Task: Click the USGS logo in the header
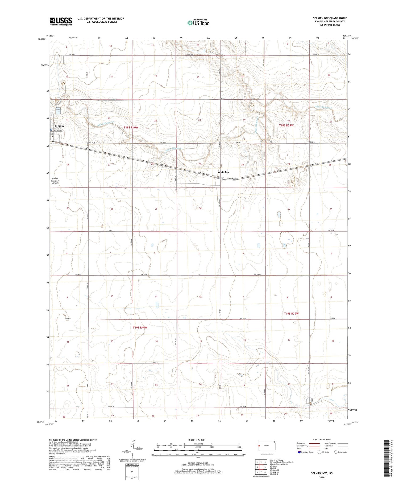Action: [61, 21]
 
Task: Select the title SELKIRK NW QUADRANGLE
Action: [330, 18]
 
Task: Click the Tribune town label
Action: [59, 126]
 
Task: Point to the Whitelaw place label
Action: [223, 172]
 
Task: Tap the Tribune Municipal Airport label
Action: [55, 181]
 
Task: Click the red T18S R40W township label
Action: [131, 128]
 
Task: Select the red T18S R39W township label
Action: [286, 125]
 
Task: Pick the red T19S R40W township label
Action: [140, 327]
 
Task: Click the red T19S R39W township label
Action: [291, 314]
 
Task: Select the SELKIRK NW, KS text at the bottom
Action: [322, 473]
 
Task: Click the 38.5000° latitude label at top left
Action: [41, 39]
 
